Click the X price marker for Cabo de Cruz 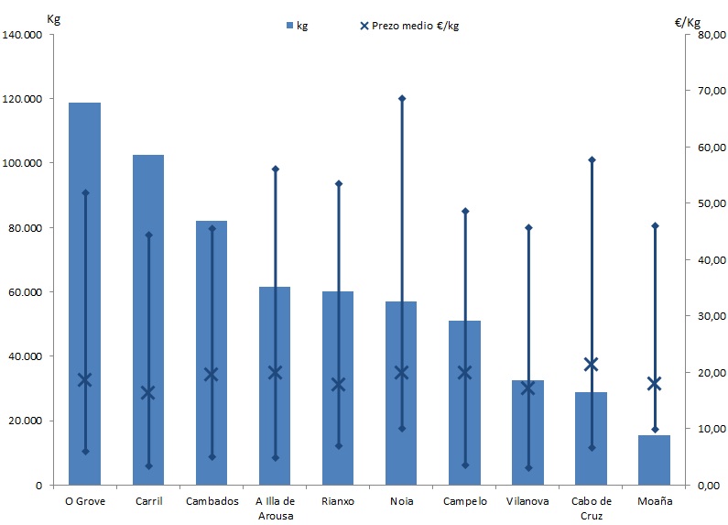click(591, 365)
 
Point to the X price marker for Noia click(401, 372)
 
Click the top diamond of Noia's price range click(401, 98)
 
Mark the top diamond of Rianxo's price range click(338, 183)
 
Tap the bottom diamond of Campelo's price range click(464, 465)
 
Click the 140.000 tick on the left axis click(25, 35)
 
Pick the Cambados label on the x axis click(212, 501)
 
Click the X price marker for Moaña click(654, 384)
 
